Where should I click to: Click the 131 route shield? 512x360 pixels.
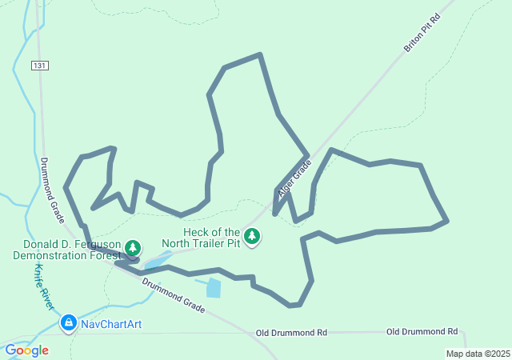(x=39, y=65)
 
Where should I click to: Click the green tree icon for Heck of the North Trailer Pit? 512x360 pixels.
(x=253, y=236)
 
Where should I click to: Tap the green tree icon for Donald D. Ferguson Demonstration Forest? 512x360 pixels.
(x=133, y=248)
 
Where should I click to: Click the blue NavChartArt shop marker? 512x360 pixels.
(x=69, y=323)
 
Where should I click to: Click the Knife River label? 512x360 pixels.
(x=43, y=289)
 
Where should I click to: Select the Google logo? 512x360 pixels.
(x=26, y=350)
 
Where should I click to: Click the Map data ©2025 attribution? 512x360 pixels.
(x=478, y=354)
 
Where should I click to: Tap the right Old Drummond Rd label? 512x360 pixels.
(x=422, y=331)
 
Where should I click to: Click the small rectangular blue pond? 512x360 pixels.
(x=213, y=288)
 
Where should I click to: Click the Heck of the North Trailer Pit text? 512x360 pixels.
(x=200, y=237)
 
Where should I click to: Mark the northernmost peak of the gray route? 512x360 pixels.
(x=260, y=54)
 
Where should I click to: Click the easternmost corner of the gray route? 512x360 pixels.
(x=447, y=220)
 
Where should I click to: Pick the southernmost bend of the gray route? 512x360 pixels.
(x=293, y=306)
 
